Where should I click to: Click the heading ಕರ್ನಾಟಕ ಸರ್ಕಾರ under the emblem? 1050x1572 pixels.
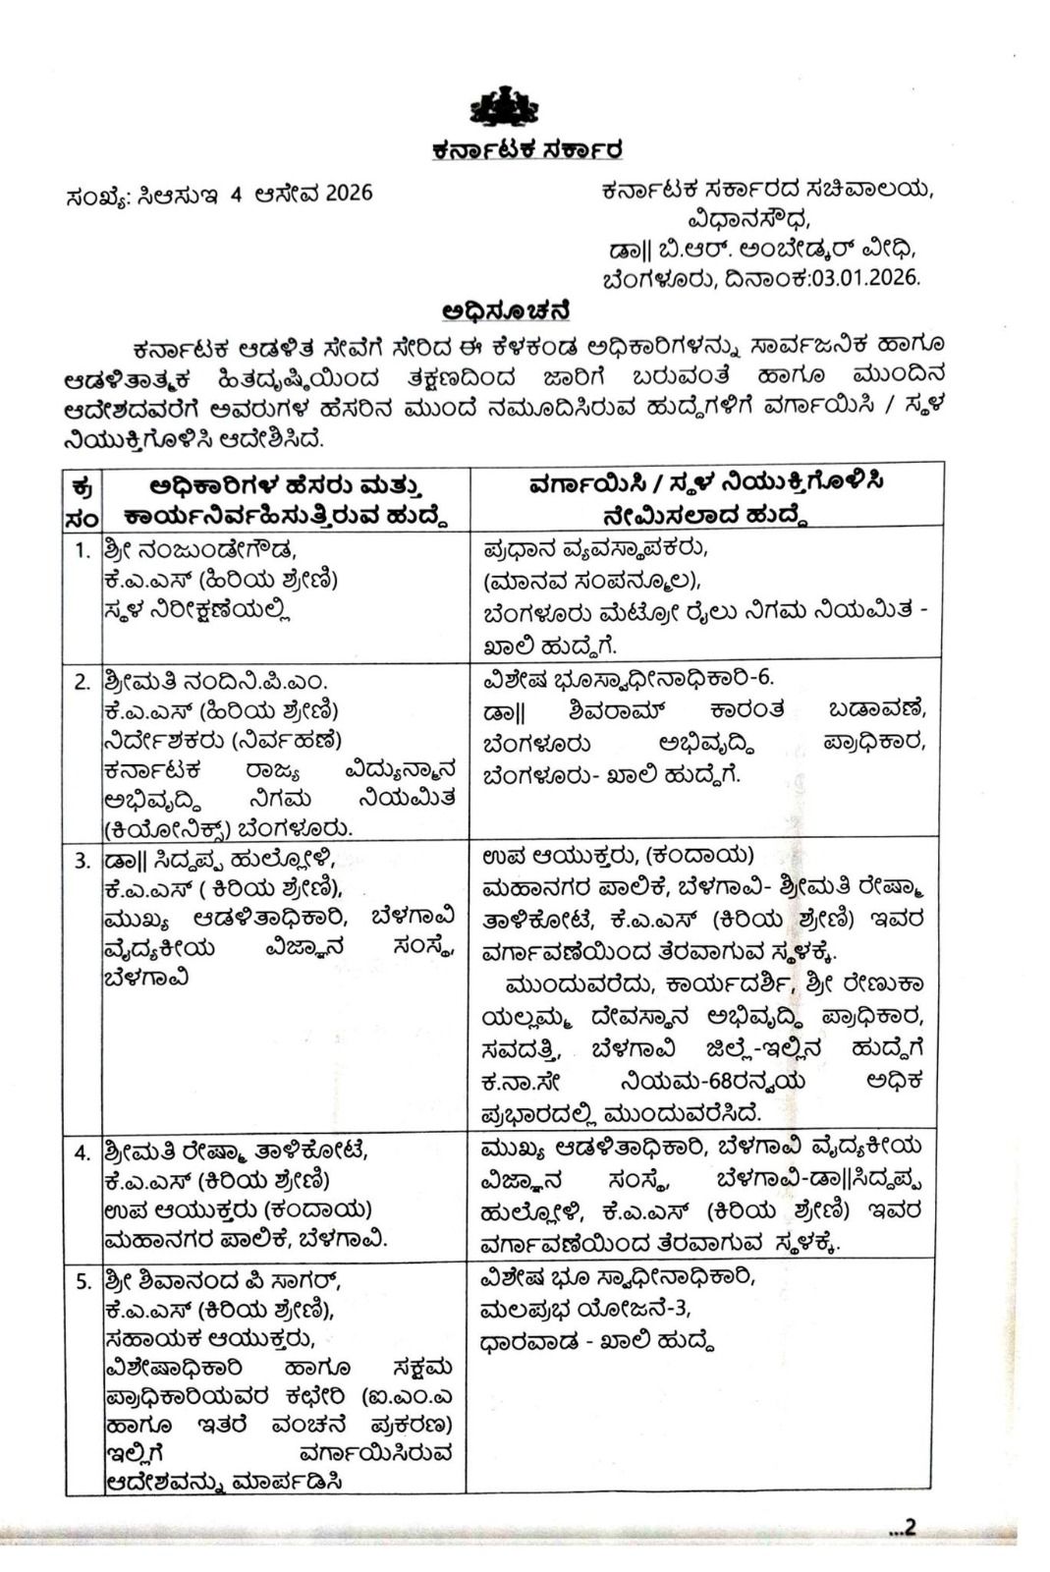click(526, 151)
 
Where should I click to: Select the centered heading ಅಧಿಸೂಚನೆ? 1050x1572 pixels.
click(507, 311)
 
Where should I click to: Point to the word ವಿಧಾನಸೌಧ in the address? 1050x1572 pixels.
click(748, 218)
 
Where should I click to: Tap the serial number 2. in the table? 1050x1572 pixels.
click(83, 681)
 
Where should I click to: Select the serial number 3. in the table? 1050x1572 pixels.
click(83, 860)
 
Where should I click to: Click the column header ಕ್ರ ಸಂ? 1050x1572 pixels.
click(83, 500)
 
